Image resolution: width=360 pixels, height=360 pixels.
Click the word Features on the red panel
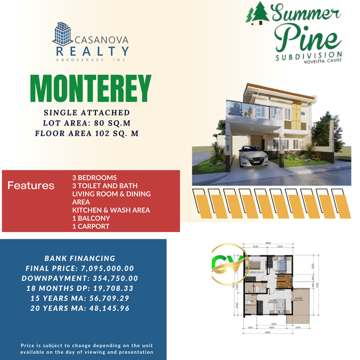(31, 186)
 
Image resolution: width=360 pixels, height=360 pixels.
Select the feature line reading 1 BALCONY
(91, 218)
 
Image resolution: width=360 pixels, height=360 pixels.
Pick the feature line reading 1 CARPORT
(91, 227)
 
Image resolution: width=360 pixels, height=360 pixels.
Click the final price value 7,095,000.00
(108, 268)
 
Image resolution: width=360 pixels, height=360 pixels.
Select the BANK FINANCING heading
(80, 258)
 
